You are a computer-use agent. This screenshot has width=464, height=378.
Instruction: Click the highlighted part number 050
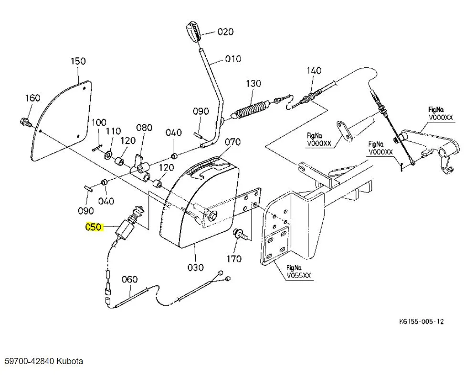pos(94,227)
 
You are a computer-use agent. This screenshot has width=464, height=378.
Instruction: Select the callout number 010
pos(233,59)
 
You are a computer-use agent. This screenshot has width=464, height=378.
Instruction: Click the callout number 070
pos(232,142)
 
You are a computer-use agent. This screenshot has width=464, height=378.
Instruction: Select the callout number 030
pos(195,267)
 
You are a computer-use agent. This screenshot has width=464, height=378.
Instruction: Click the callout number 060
pos(129,279)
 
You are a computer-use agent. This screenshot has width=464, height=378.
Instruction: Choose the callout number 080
pos(144,128)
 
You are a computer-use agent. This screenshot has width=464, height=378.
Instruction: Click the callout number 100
pos(99,123)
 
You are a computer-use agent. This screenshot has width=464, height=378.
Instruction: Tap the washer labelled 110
pos(109,154)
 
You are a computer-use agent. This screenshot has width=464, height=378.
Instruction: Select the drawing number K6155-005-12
pos(421,322)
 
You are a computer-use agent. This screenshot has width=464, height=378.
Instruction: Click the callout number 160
pos(32,98)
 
